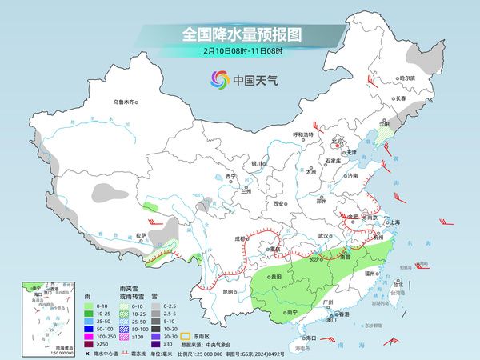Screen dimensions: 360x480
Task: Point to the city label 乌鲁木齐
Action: (126, 102)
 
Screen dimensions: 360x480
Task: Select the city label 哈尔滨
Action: (408, 78)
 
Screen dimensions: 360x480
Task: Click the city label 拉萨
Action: (141, 235)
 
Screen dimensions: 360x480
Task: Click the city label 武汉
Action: (323, 236)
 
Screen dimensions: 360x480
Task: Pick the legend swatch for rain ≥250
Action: (88, 342)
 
